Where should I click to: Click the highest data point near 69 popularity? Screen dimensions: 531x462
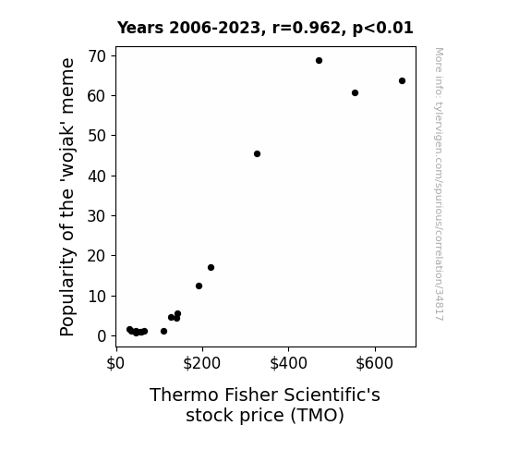point(319,61)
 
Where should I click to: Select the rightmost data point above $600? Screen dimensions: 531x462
point(402,81)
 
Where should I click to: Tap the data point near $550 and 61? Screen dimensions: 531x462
point(355,93)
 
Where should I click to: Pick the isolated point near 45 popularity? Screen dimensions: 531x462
point(257,154)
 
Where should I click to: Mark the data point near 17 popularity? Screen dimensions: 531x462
point(211,267)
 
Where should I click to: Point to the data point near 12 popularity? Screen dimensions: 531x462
point(199,286)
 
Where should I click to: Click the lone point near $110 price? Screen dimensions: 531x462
point(163,331)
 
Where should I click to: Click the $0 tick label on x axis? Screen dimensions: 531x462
point(115,363)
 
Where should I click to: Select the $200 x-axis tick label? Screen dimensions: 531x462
point(202,363)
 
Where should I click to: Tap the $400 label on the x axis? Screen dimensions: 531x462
point(288,363)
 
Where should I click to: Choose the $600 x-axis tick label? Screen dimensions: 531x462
point(375,363)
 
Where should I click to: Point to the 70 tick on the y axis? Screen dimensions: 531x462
point(97,56)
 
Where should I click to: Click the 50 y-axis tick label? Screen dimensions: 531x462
point(97,136)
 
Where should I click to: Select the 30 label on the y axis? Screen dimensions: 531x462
point(97,216)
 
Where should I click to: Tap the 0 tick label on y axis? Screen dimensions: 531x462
point(102,336)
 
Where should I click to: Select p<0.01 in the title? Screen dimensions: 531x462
point(383,29)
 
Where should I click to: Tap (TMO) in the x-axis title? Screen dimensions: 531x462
point(318,416)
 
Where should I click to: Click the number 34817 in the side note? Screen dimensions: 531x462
point(440,304)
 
